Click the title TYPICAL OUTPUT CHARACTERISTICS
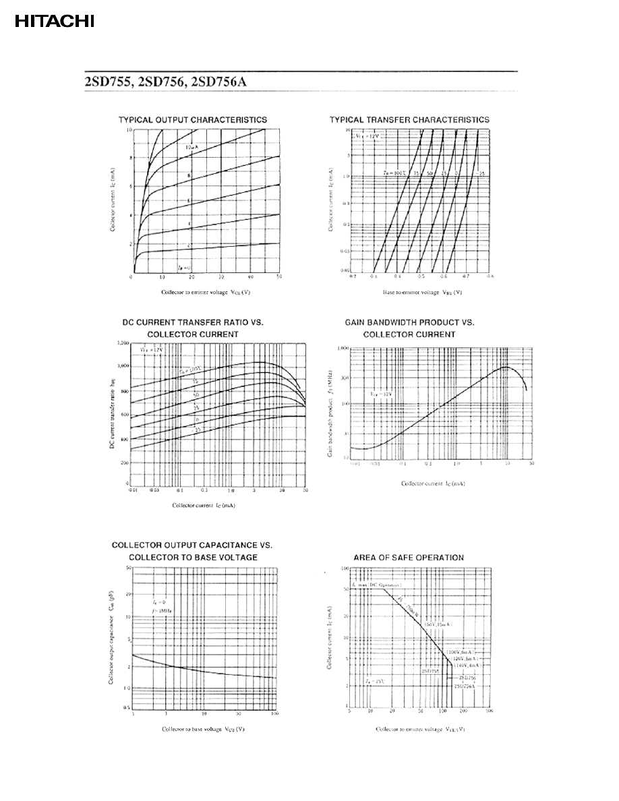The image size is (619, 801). click(193, 120)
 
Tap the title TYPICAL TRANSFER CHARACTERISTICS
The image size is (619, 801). click(409, 120)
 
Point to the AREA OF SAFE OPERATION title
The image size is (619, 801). click(409, 558)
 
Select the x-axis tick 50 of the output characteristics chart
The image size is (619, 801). click(279, 277)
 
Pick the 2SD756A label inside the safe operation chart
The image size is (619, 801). click(465, 685)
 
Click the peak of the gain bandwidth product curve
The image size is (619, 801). click(504, 367)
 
